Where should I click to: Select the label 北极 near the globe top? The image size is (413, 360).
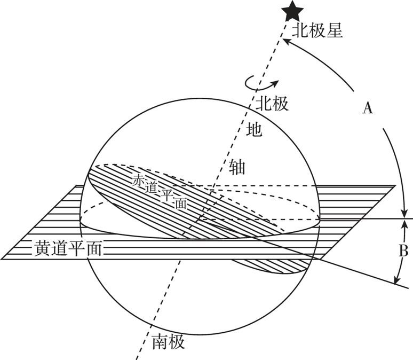point(272,103)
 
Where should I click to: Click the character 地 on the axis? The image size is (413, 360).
point(255,130)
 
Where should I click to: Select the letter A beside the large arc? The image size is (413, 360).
point(367,108)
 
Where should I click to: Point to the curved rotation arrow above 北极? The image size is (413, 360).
point(261,83)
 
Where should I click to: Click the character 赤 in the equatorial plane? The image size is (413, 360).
point(138,180)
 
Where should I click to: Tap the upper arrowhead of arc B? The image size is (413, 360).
point(407,223)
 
